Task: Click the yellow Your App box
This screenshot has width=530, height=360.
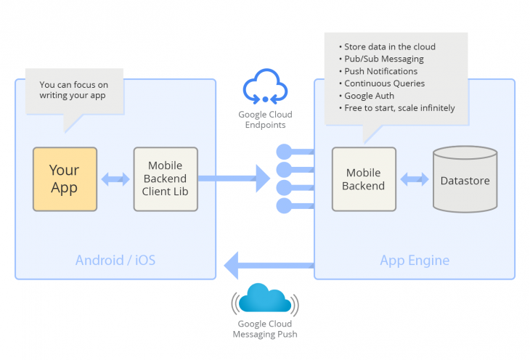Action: [x=65, y=179]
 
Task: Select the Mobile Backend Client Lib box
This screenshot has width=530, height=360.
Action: [x=166, y=179]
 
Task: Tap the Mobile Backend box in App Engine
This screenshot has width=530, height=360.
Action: [x=364, y=179]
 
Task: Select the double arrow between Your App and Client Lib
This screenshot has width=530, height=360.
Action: [x=115, y=179]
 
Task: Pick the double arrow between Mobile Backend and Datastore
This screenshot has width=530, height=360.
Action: [x=415, y=179]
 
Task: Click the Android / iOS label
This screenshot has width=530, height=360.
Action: [x=115, y=260]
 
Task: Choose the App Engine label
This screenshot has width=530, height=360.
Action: [x=415, y=260]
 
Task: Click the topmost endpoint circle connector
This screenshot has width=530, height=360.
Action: [x=284, y=152]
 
